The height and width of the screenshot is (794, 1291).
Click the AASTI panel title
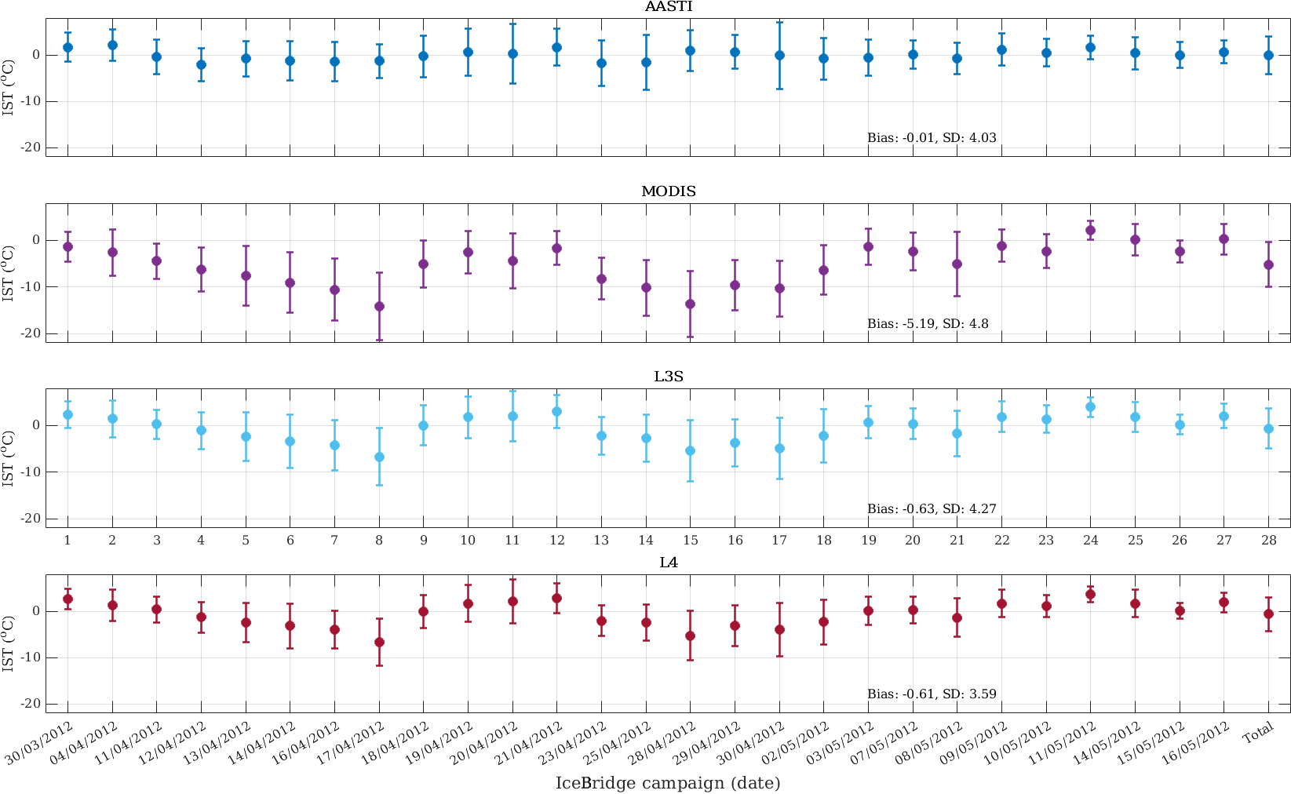[x=669, y=7]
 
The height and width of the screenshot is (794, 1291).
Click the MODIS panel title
[x=669, y=192]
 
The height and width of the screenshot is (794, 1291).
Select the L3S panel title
[x=669, y=377]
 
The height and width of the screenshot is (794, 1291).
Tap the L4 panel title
[x=669, y=563]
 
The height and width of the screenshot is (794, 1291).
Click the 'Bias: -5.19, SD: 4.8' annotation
[x=928, y=323]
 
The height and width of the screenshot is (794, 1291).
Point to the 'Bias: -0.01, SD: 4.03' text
[x=932, y=138]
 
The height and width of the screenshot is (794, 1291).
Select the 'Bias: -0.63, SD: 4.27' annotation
[x=932, y=509]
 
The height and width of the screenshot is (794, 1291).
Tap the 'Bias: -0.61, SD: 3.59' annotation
[x=932, y=694]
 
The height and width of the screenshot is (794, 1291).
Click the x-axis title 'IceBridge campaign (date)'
[x=668, y=783]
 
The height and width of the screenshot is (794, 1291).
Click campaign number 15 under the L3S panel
[x=691, y=540]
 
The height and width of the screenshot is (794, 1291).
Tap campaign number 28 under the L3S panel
[x=1269, y=540]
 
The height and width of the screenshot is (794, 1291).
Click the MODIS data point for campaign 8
[x=379, y=306]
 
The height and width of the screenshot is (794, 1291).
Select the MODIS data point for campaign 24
[x=1090, y=230]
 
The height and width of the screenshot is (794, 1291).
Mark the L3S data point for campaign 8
[x=379, y=457]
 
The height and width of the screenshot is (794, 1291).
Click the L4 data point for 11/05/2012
[x=1090, y=594]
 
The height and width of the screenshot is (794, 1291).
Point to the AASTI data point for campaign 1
[x=67, y=47]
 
